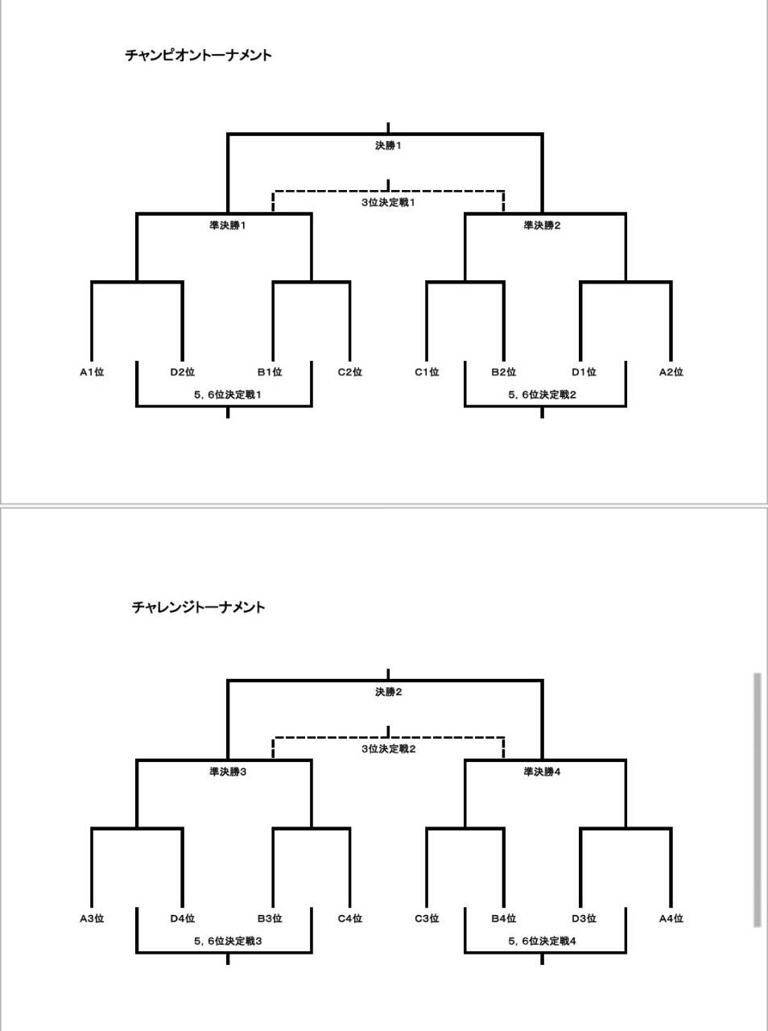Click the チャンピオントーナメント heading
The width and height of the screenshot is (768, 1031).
199,56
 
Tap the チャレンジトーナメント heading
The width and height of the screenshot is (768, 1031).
199,607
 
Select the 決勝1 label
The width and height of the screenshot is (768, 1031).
388,146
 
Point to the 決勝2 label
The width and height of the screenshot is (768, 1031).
389,692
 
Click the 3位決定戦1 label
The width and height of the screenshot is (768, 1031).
388,202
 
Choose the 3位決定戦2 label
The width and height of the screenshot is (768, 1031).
389,749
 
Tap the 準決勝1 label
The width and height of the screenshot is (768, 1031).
228,226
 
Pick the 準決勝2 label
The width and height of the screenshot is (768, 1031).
543,226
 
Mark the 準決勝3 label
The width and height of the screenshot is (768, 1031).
228,772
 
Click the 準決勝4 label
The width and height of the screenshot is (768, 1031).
543,772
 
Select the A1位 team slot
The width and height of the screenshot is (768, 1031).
92,372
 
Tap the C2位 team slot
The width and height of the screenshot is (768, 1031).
350,372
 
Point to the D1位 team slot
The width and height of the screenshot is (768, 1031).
584,372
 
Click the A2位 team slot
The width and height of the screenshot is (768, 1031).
671,372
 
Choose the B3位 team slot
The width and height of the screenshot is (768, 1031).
270,918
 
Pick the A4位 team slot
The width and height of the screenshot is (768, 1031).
671,918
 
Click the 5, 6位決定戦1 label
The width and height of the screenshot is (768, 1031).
228,395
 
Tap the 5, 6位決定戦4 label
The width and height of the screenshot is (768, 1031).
543,942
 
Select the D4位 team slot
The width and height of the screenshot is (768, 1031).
183,918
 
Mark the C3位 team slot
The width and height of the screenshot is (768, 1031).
427,918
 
